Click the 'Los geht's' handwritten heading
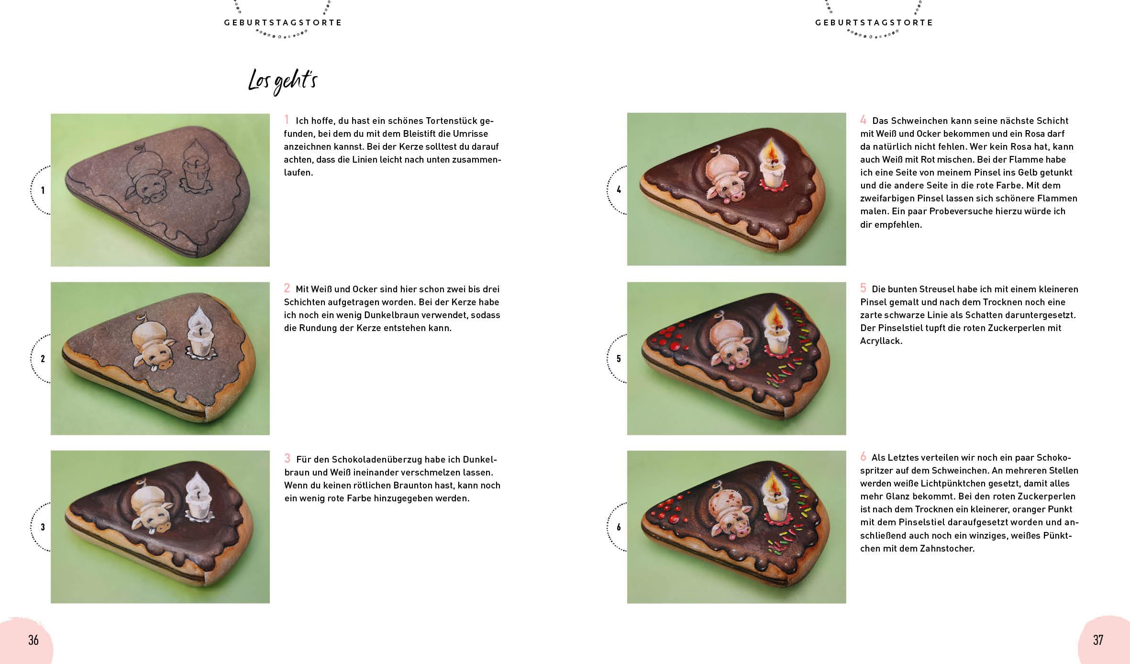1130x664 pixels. (283, 82)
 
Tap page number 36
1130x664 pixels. (33, 640)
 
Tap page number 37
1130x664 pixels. (1098, 640)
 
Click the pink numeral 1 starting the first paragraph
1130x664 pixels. (287, 120)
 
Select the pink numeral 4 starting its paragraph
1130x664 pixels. (863, 120)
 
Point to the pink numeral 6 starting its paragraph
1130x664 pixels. (863, 456)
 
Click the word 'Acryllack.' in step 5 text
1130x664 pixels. (881, 341)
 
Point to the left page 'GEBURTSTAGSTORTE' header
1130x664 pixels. (283, 22)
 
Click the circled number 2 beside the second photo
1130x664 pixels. (43, 359)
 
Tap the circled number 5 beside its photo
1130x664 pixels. (619, 359)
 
